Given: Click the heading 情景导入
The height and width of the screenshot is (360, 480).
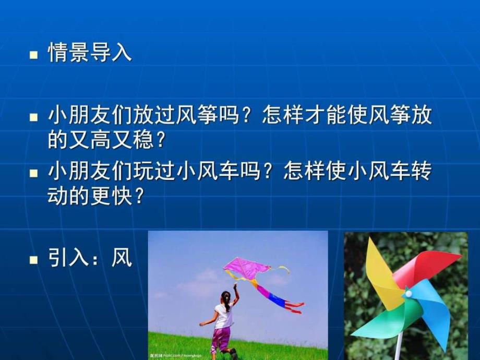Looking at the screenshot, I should pos(90,53).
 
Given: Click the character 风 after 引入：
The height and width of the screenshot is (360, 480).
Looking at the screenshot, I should pos(122,257).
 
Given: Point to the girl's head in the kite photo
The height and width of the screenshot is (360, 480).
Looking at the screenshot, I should pos(225,296).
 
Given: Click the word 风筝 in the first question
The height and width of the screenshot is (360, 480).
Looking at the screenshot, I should pos(207,115).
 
